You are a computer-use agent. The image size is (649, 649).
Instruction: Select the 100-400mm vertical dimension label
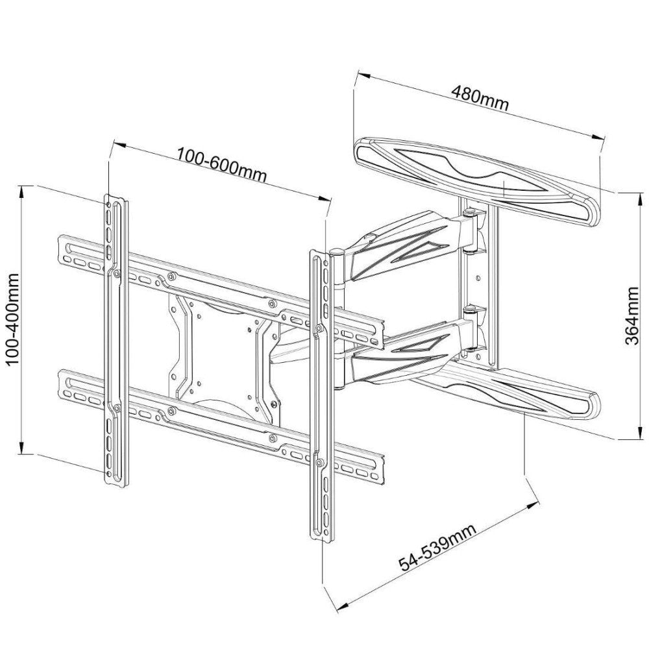pos(14,320)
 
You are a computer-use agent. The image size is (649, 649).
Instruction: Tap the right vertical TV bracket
pos(319,389)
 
